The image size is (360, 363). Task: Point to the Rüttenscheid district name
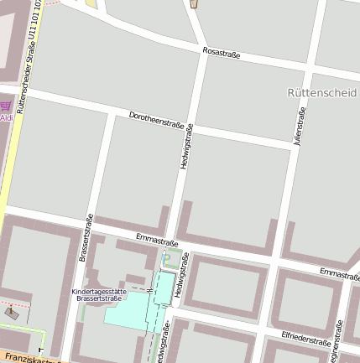(321, 91)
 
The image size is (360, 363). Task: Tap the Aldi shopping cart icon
(6, 106)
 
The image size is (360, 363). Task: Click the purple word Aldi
(6, 118)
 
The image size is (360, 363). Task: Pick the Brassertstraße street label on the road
(86, 238)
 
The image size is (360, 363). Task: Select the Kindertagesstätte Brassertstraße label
(100, 294)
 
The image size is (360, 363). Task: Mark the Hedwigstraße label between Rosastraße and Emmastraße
(187, 148)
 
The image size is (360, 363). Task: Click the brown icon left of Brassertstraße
(11, 313)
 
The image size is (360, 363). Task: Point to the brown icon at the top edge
(195, 3)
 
